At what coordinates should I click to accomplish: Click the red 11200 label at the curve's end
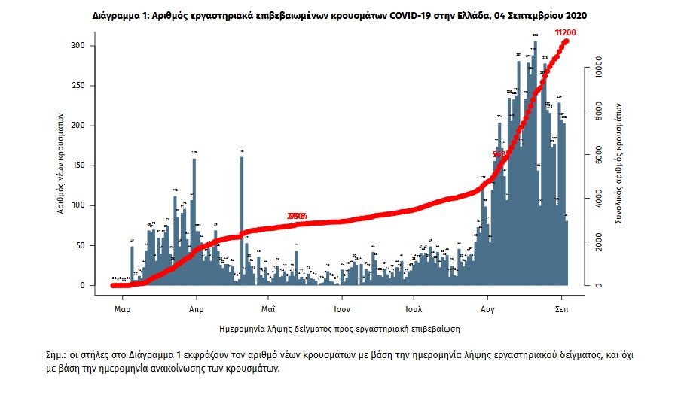pyautogui.click(x=565, y=33)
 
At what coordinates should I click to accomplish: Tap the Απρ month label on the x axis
pyautogui.click(x=196, y=308)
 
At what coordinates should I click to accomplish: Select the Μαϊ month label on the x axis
pyautogui.click(x=268, y=308)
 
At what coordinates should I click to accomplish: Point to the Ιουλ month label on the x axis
pyautogui.click(x=413, y=308)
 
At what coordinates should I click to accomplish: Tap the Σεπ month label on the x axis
pyautogui.click(x=561, y=308)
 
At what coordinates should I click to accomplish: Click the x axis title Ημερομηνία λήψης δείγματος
pyautogui.click(x=340, y=329)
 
